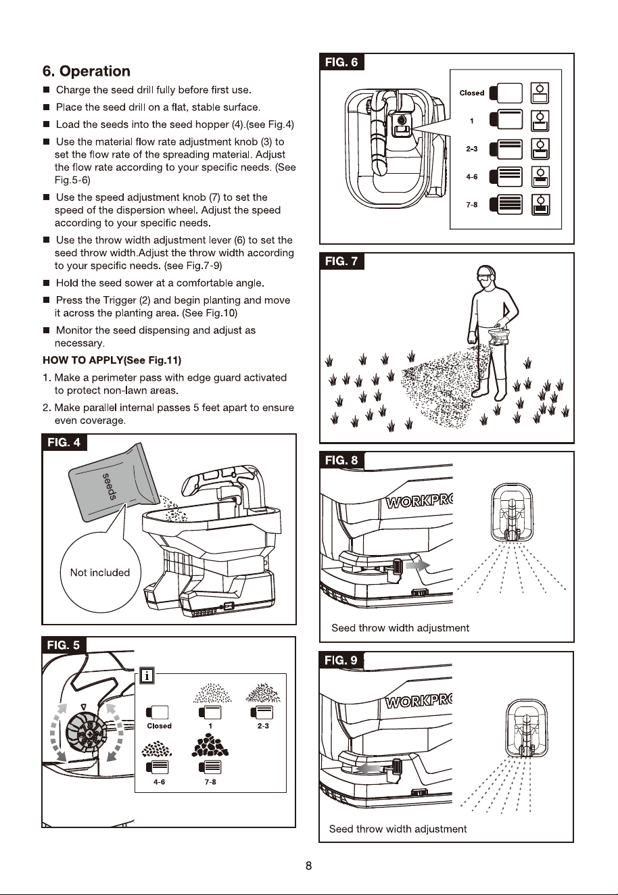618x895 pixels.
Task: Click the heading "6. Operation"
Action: coord(87,71)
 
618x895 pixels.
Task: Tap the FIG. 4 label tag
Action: coord(64,442)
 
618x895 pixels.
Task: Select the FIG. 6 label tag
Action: coord(341,62)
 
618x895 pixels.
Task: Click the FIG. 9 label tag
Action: coord(341,660)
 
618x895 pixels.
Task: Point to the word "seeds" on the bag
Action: coord(110,486)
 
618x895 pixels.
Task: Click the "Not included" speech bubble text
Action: coord(100,573)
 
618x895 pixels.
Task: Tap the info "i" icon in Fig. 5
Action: coord(147,676)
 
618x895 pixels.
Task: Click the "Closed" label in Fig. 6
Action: coord(472,93)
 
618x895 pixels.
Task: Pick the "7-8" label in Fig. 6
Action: coord(472,205)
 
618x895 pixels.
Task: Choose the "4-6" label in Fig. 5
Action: coord(159,781)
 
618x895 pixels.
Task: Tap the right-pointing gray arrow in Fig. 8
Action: coord(418,565)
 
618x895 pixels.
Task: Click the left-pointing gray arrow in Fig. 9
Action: coord(368,769)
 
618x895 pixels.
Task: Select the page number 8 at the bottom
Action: coord(308,866)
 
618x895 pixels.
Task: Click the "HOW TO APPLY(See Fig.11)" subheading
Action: coord(112,360)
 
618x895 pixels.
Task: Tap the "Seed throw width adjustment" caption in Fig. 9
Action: coord(398,829)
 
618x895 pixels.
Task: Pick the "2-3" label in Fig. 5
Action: coord(262,725)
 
